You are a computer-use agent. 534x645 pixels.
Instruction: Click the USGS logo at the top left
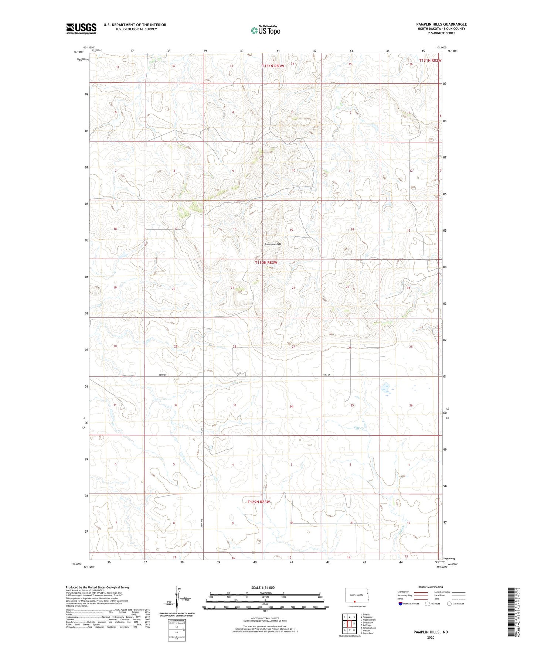[x=81, y=28]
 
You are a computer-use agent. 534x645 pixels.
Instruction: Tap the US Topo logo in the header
[x=265, y=30]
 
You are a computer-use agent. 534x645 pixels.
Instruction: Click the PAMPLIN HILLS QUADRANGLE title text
[x=441, y=24]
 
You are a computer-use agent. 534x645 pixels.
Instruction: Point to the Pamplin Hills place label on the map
[x=273, y=244]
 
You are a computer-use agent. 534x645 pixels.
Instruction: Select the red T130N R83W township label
[x=266, y=263]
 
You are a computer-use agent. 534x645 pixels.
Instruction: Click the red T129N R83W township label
[x=259, y=502]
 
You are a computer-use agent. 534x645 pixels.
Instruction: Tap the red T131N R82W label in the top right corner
[x=430, y=60]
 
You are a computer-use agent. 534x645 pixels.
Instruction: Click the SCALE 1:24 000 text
[x=263, y=587]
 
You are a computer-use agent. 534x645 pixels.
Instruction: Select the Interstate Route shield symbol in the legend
[x=401, y=604]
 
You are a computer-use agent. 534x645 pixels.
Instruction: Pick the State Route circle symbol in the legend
[x=449, y=604]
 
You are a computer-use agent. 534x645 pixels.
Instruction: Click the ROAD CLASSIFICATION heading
[x=431, y=587]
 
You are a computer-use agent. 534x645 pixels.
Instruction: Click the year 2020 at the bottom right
[x=431, y=637]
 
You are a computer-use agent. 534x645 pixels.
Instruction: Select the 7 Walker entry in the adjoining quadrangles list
[x=366, y=631]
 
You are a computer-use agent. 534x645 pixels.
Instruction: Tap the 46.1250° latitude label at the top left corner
[x=78, y=52]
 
